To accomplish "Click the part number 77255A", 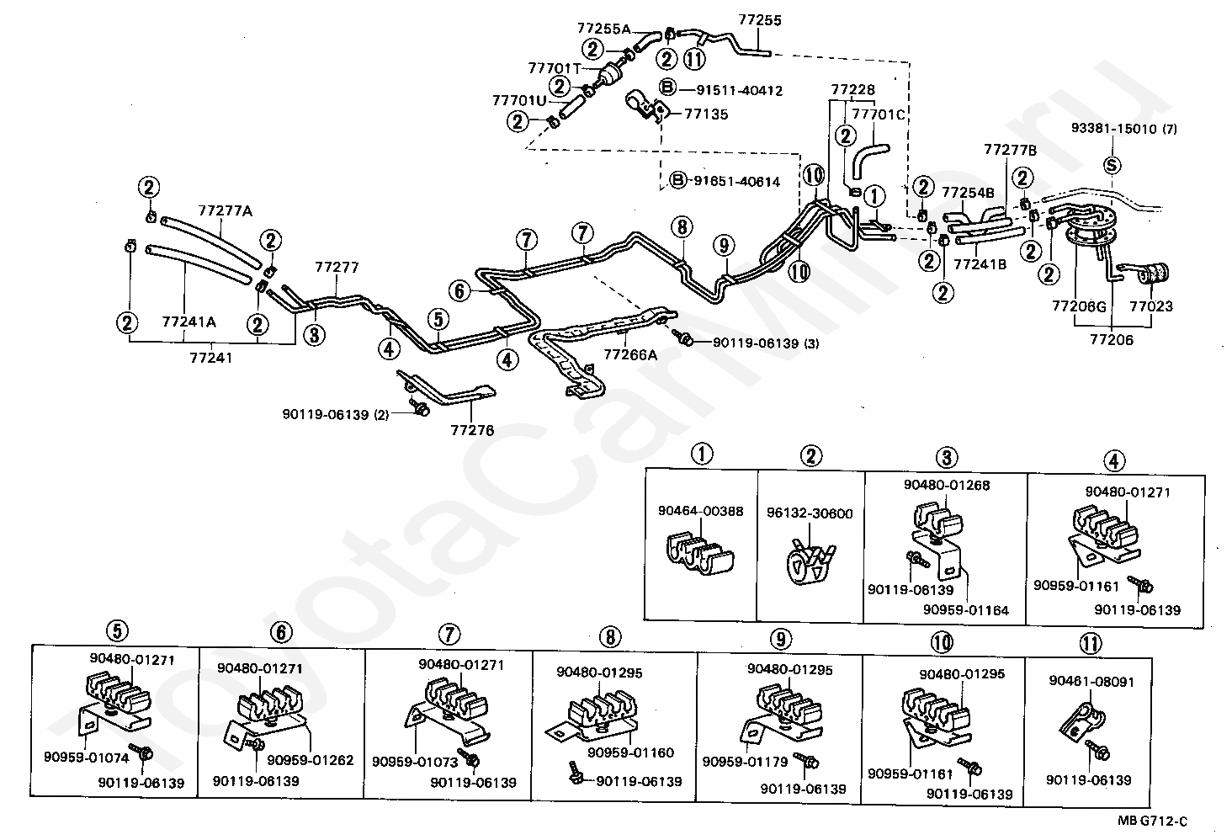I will click(603, 28).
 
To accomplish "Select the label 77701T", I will click(554, 67).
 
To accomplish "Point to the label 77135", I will click(706, 114).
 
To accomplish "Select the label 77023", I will click(1150, 308).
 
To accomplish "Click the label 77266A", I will click(631, 355).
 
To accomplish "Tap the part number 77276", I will click(472, 430).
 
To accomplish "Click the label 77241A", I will click(189, 321).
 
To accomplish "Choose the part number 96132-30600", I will click(810, 513).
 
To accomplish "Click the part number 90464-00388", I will click(700, 511).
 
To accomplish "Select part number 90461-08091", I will click(1091, 681).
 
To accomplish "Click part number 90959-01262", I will click(311, 760).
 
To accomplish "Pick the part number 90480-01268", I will click(947, 485).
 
